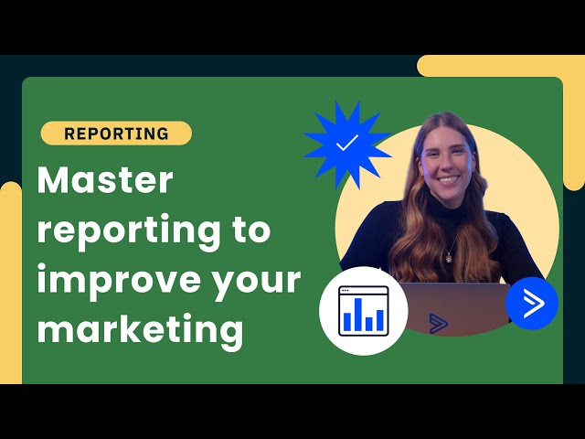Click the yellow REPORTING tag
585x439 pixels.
116,134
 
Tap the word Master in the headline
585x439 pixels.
104,180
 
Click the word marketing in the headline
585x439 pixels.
140,328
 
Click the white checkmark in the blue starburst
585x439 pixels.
347,144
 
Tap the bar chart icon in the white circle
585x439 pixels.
363,311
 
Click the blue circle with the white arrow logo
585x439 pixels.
532,303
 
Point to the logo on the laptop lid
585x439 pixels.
440,323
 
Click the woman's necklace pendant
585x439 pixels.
449,258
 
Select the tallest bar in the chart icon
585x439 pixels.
357,314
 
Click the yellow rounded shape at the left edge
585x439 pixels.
9,274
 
